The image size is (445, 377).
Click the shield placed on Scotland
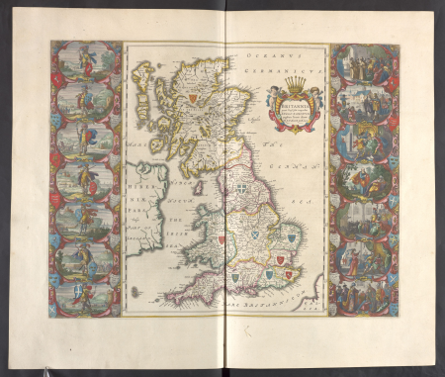pyautogui.click(x=191, y=98)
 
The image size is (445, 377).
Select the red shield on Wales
pyautogui.click(x=222, y=238)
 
